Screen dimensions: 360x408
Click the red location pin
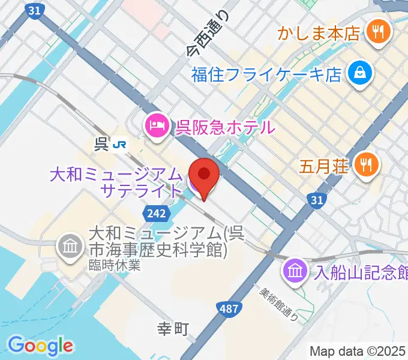tap(204, 175)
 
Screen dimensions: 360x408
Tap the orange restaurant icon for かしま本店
tap(378, 32)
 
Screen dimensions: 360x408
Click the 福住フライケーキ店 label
tap(266, 75)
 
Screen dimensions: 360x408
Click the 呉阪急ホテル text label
tap(225, 127)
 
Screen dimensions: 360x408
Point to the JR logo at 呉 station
tap(121, 144)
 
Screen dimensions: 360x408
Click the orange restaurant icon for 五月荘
tap(365, 164)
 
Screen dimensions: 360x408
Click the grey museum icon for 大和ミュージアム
tap(70, 247)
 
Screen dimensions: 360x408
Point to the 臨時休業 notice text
tap(116, 265)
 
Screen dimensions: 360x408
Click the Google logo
tap(40, 346)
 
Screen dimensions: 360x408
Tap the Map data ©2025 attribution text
tap(357, 351)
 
